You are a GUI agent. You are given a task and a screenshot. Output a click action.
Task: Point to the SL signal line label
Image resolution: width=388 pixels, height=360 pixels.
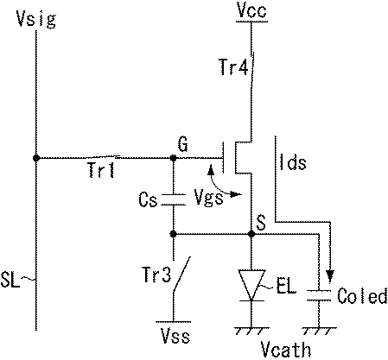[16, 279]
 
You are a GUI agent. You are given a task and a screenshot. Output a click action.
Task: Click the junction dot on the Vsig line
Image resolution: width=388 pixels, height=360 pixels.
[35, 158]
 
